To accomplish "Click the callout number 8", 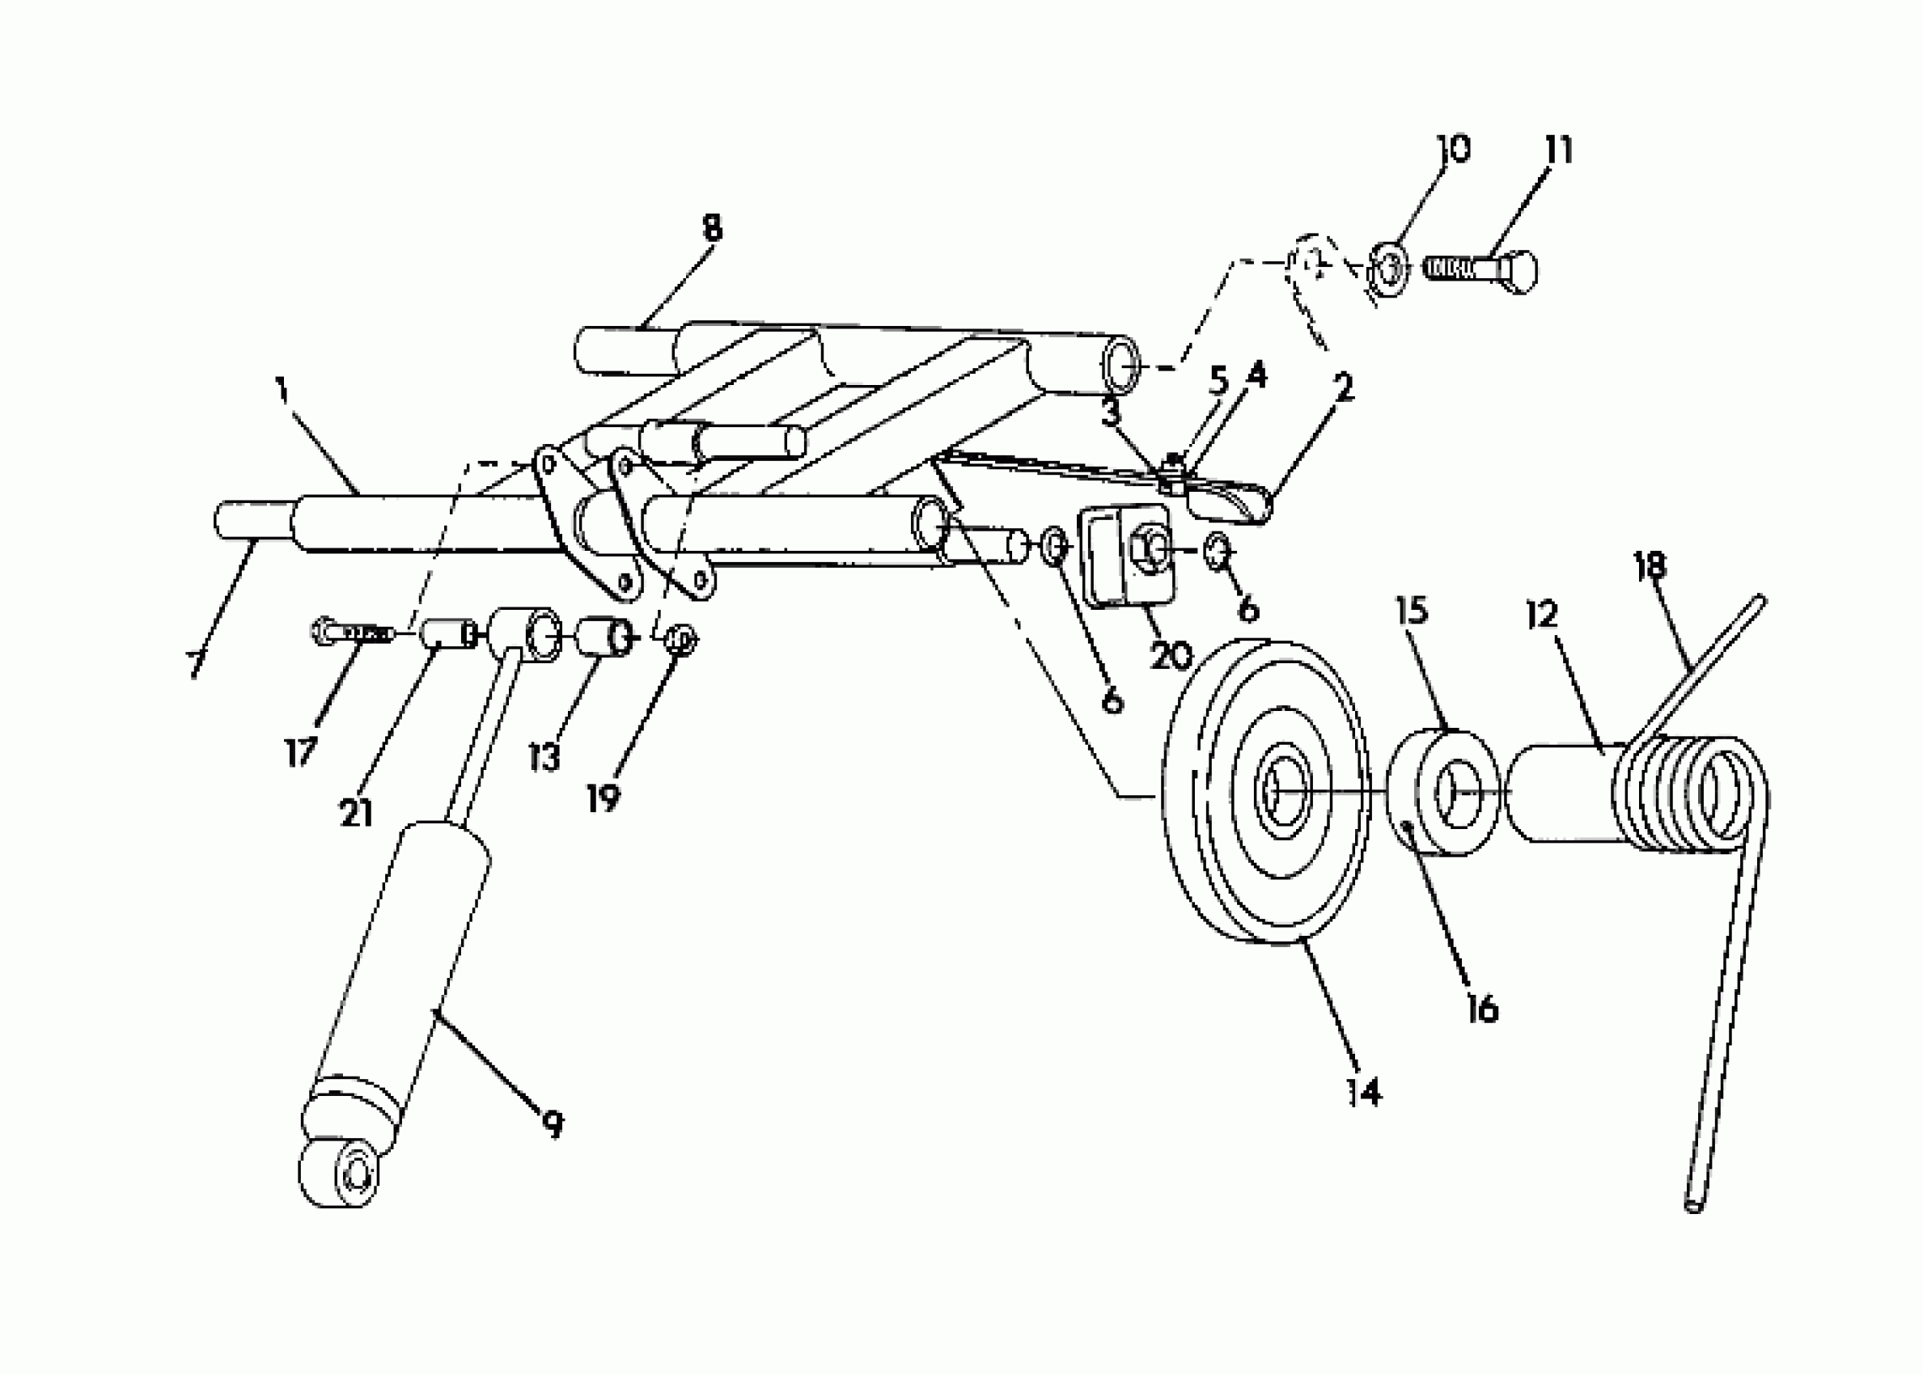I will click(712, 229).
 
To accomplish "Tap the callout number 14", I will click(1364, 1093).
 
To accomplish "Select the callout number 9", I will click(552, 1125).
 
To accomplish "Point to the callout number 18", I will click(1650, 566).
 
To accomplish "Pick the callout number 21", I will click(356, 814).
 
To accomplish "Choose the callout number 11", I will click(1558, 150).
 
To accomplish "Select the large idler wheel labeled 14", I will click(1267, 792).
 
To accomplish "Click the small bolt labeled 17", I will click(349, 632).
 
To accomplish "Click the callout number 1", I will click(282, 391).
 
